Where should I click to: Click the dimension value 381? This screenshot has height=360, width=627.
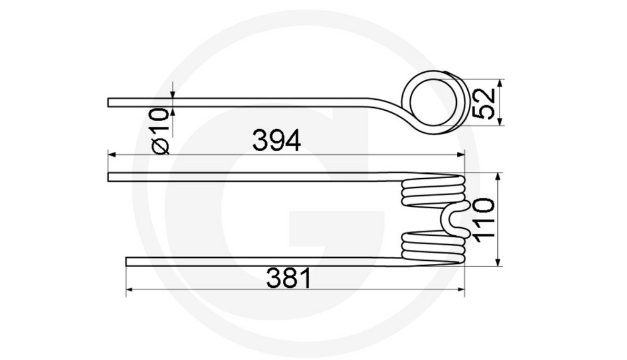coord(289,279)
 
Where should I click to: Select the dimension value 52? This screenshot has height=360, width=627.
coord(484,103)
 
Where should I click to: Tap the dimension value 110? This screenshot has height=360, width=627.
coord(484,220)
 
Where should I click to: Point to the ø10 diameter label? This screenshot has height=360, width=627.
coord(160,131)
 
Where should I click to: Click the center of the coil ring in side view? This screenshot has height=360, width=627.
coord(432,102)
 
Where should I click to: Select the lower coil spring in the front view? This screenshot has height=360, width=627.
coord(432,247)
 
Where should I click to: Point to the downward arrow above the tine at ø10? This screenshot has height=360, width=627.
coord(173,94)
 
